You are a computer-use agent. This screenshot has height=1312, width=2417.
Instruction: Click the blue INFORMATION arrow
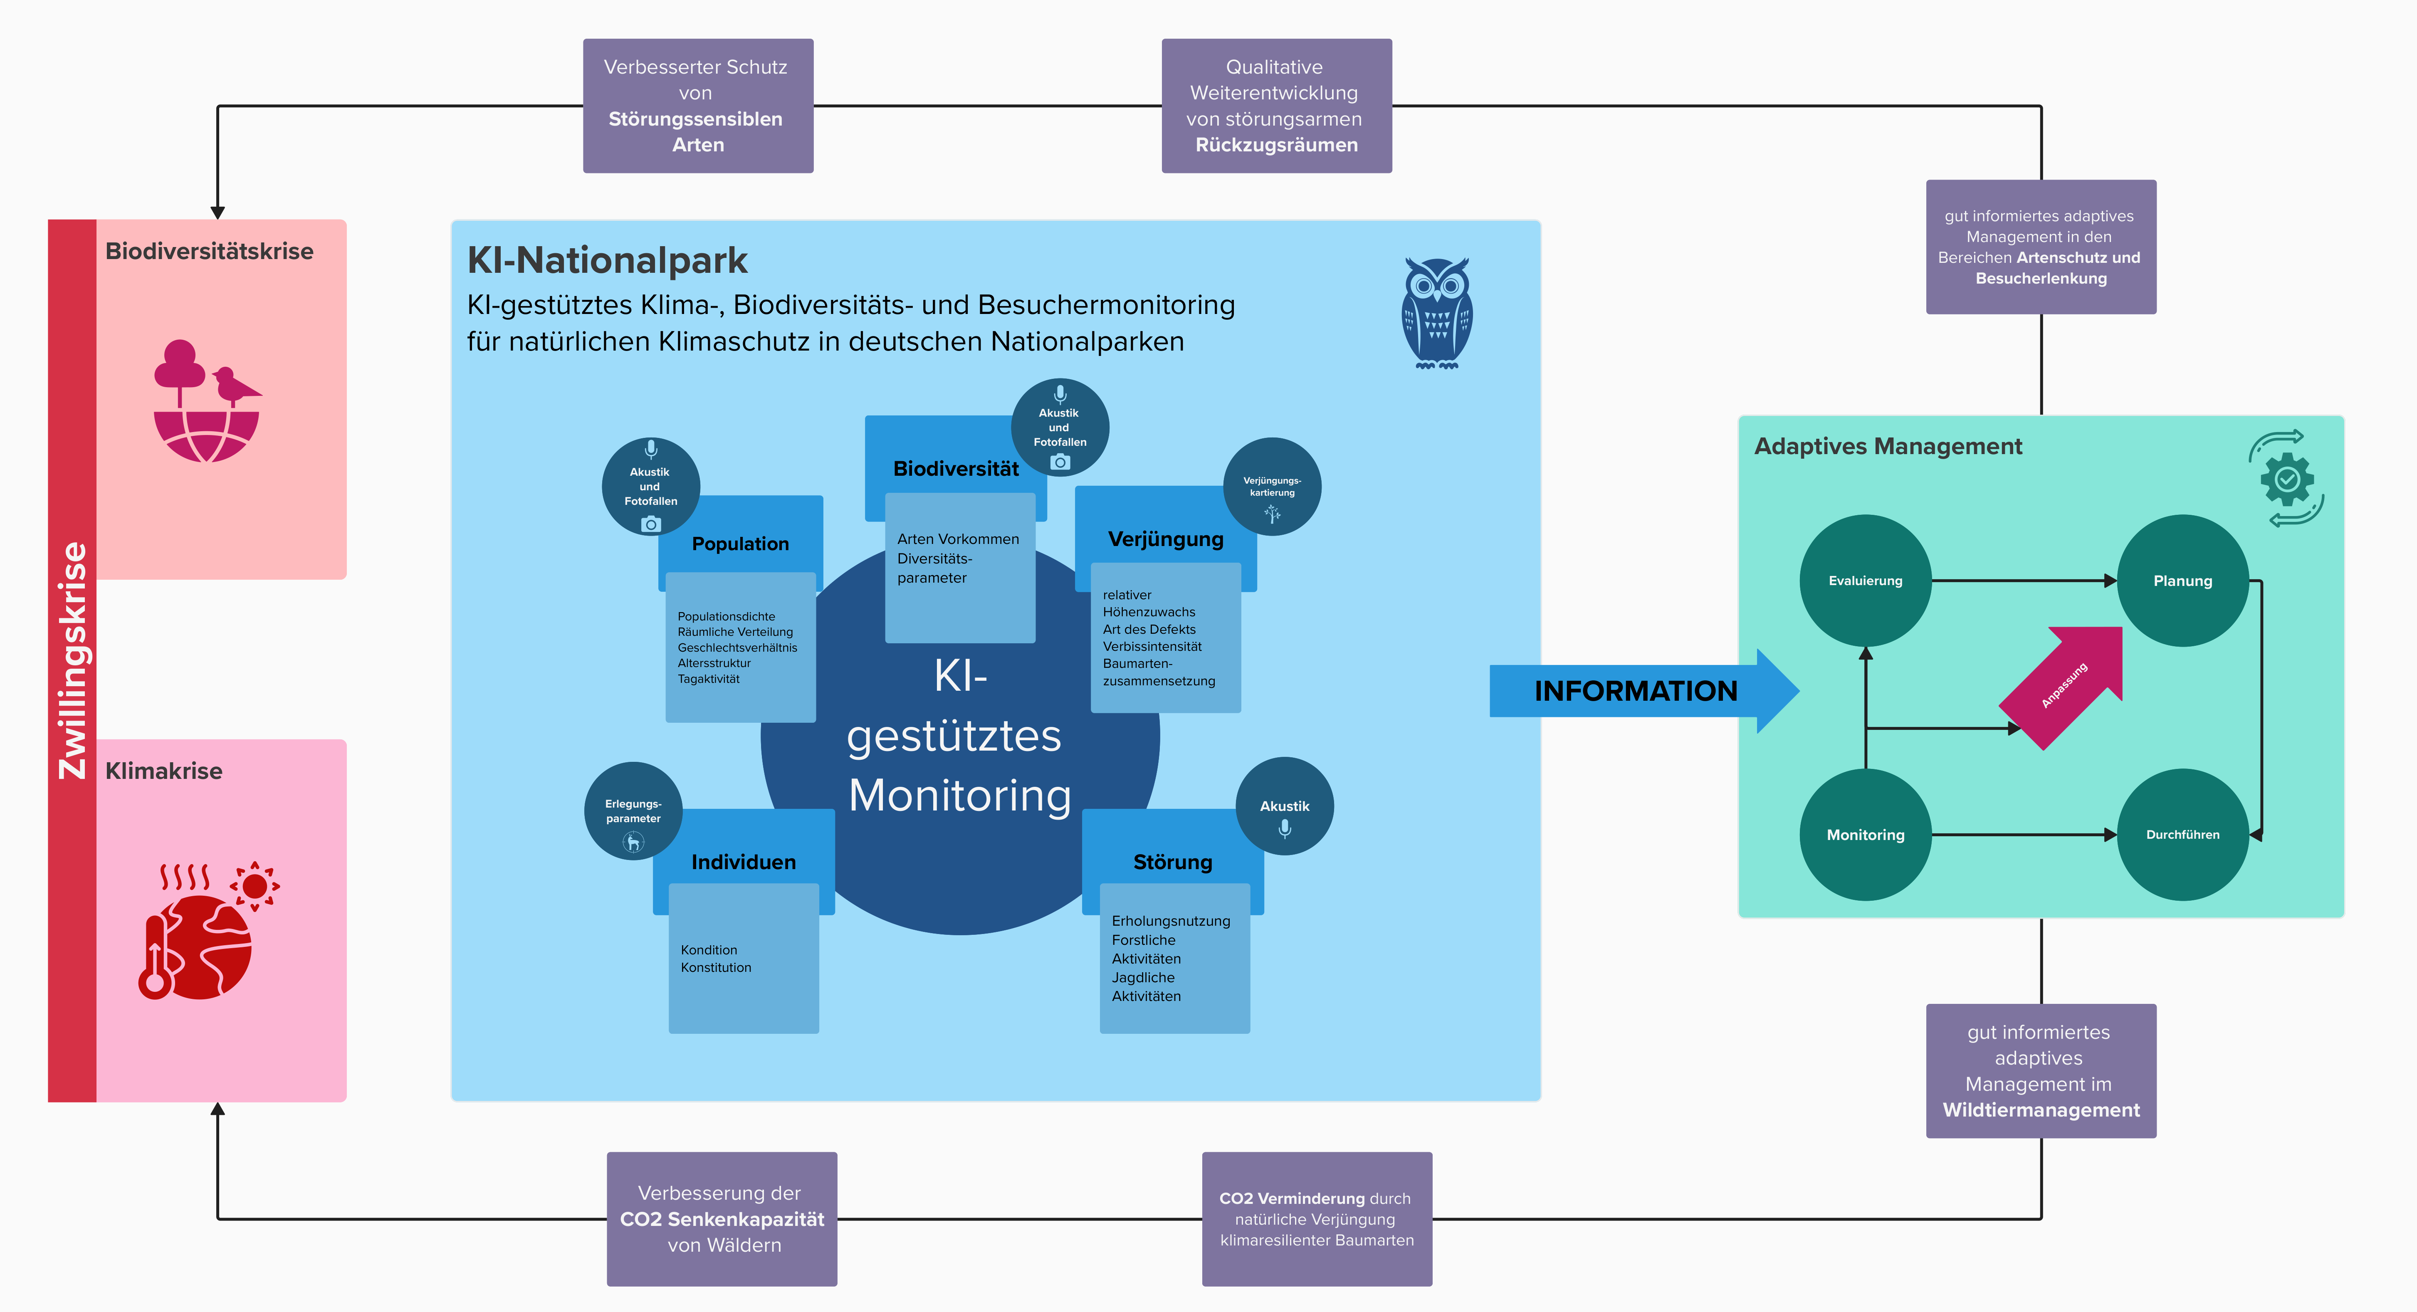click(x=1637, y=691)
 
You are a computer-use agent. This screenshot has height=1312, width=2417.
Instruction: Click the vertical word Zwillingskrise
click(x=72, y=661)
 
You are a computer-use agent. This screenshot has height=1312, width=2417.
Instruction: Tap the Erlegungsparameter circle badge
click(x=633, y=811)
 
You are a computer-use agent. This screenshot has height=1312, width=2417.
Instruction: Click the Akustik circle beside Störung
click(x=1285, y=806)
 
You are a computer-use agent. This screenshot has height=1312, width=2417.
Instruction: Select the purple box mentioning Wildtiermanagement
click(x=2041, y=1071)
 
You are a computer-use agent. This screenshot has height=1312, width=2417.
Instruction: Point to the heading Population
click(x=740, y=544)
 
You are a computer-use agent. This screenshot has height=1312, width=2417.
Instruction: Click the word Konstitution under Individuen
click(x=716, y=968)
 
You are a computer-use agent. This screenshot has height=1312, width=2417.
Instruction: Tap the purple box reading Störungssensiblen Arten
click(x=697, y=106)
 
